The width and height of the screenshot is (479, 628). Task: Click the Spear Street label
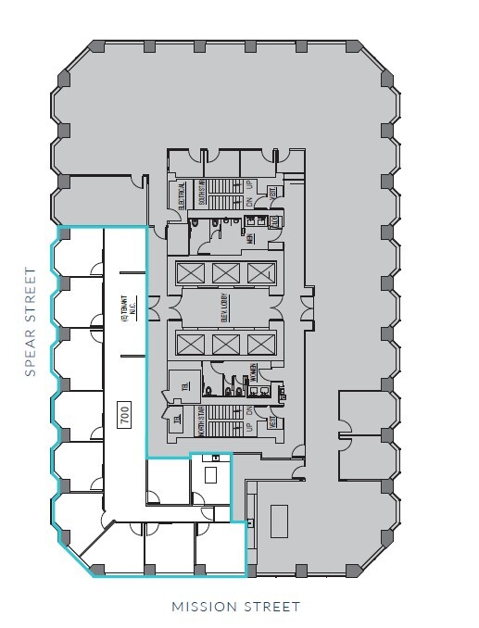click(30, 322)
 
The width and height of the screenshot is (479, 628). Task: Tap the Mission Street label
click(236, 608)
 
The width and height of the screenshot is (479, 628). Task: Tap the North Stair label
click(201, 421)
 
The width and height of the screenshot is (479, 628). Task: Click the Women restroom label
click(252, 374)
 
